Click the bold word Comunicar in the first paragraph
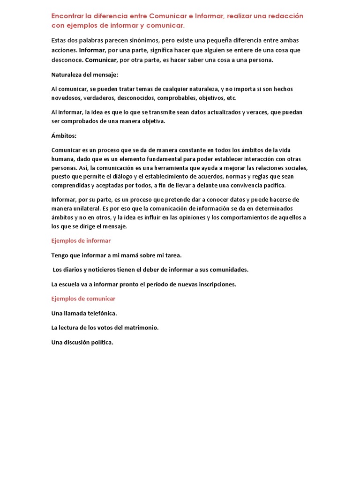(x=101, y=60)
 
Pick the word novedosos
(x=67, y=98)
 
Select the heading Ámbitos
(x=64, y=136)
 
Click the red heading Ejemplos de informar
(x=81, y=240)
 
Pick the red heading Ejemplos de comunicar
(x=83, y=299)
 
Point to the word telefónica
(x=100, y=313)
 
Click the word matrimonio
(x=140, y=328)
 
